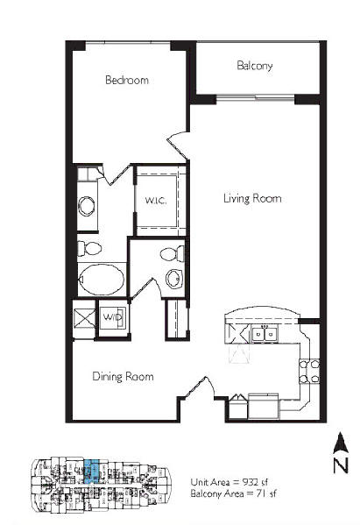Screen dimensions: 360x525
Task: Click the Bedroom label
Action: tap(127, 80)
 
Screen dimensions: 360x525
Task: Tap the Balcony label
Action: tap(255, 65)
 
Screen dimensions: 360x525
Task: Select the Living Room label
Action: tap(252, 198)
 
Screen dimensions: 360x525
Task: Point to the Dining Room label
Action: tap(123, 376)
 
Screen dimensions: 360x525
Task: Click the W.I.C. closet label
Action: tap(156, 201)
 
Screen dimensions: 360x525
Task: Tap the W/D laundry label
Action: tap(113, 317)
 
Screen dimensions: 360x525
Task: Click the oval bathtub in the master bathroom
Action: tap(101, 280)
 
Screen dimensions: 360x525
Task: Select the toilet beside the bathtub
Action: tap(89, 248)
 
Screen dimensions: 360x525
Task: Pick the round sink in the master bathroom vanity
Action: tap(87, 205)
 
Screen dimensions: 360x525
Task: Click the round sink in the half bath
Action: tap(174, 279)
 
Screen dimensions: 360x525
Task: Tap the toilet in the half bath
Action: tap(172, 253)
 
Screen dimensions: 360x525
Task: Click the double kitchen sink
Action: tap(265, 333)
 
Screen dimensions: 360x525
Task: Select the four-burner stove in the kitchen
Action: tap(309, 372)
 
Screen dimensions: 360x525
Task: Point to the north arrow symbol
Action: tap(341, 443)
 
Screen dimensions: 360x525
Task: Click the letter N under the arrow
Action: tap(341, 465)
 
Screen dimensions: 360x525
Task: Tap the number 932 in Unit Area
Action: tap(251, 482)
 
